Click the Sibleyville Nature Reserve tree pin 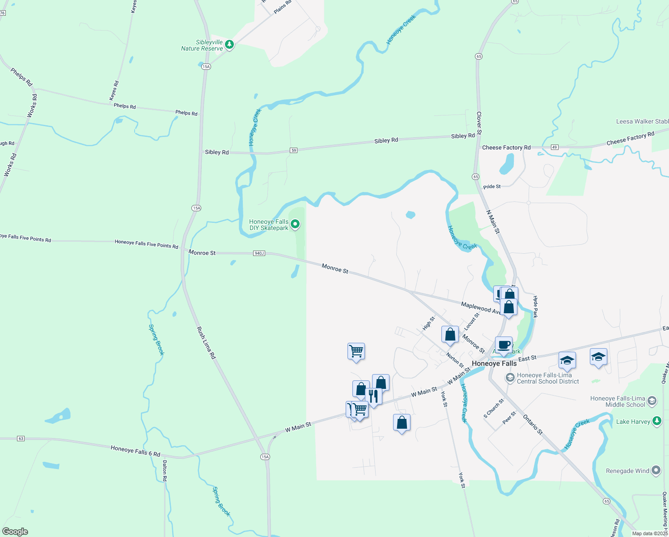pos(229,44)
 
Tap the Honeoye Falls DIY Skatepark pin pos(295,224)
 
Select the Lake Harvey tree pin pos(656,421)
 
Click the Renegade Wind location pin pos(656,470)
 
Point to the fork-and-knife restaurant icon pos(373,396)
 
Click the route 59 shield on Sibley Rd pos(293,150)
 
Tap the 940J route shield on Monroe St pos(259,253)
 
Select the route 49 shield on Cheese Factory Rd pos(555,147)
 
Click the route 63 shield pos(21,439)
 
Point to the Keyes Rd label pos(114,90)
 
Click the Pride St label pos(492,187)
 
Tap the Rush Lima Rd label pos(207,343)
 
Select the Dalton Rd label pos(165,471)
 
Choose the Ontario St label pos(533,426)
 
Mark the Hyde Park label pos(535,307)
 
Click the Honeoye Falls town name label pos(494,363)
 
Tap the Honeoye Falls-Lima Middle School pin pos(652,401)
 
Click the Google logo pos(15,531)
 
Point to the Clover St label pos(479,123)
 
